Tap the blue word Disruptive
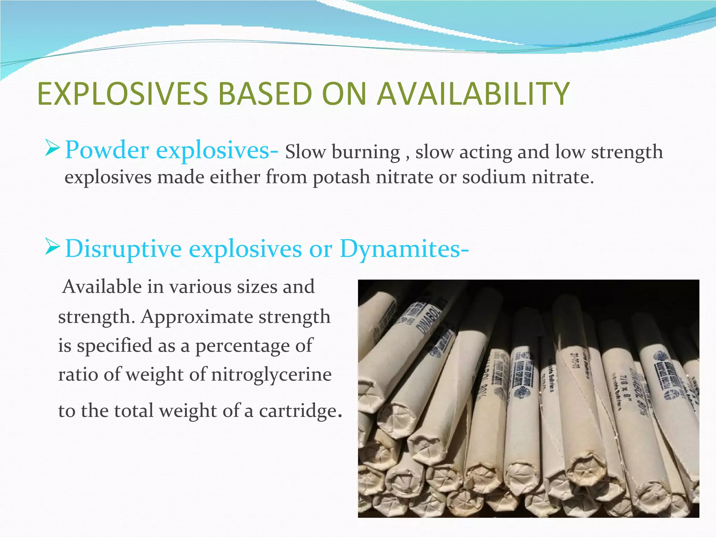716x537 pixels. tap(123, 249)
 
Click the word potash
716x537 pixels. tap(341, 177)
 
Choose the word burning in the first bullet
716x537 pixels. tap(366, 152)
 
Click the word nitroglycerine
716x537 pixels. tap(271, 374)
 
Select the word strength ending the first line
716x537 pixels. tap(627, 152)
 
